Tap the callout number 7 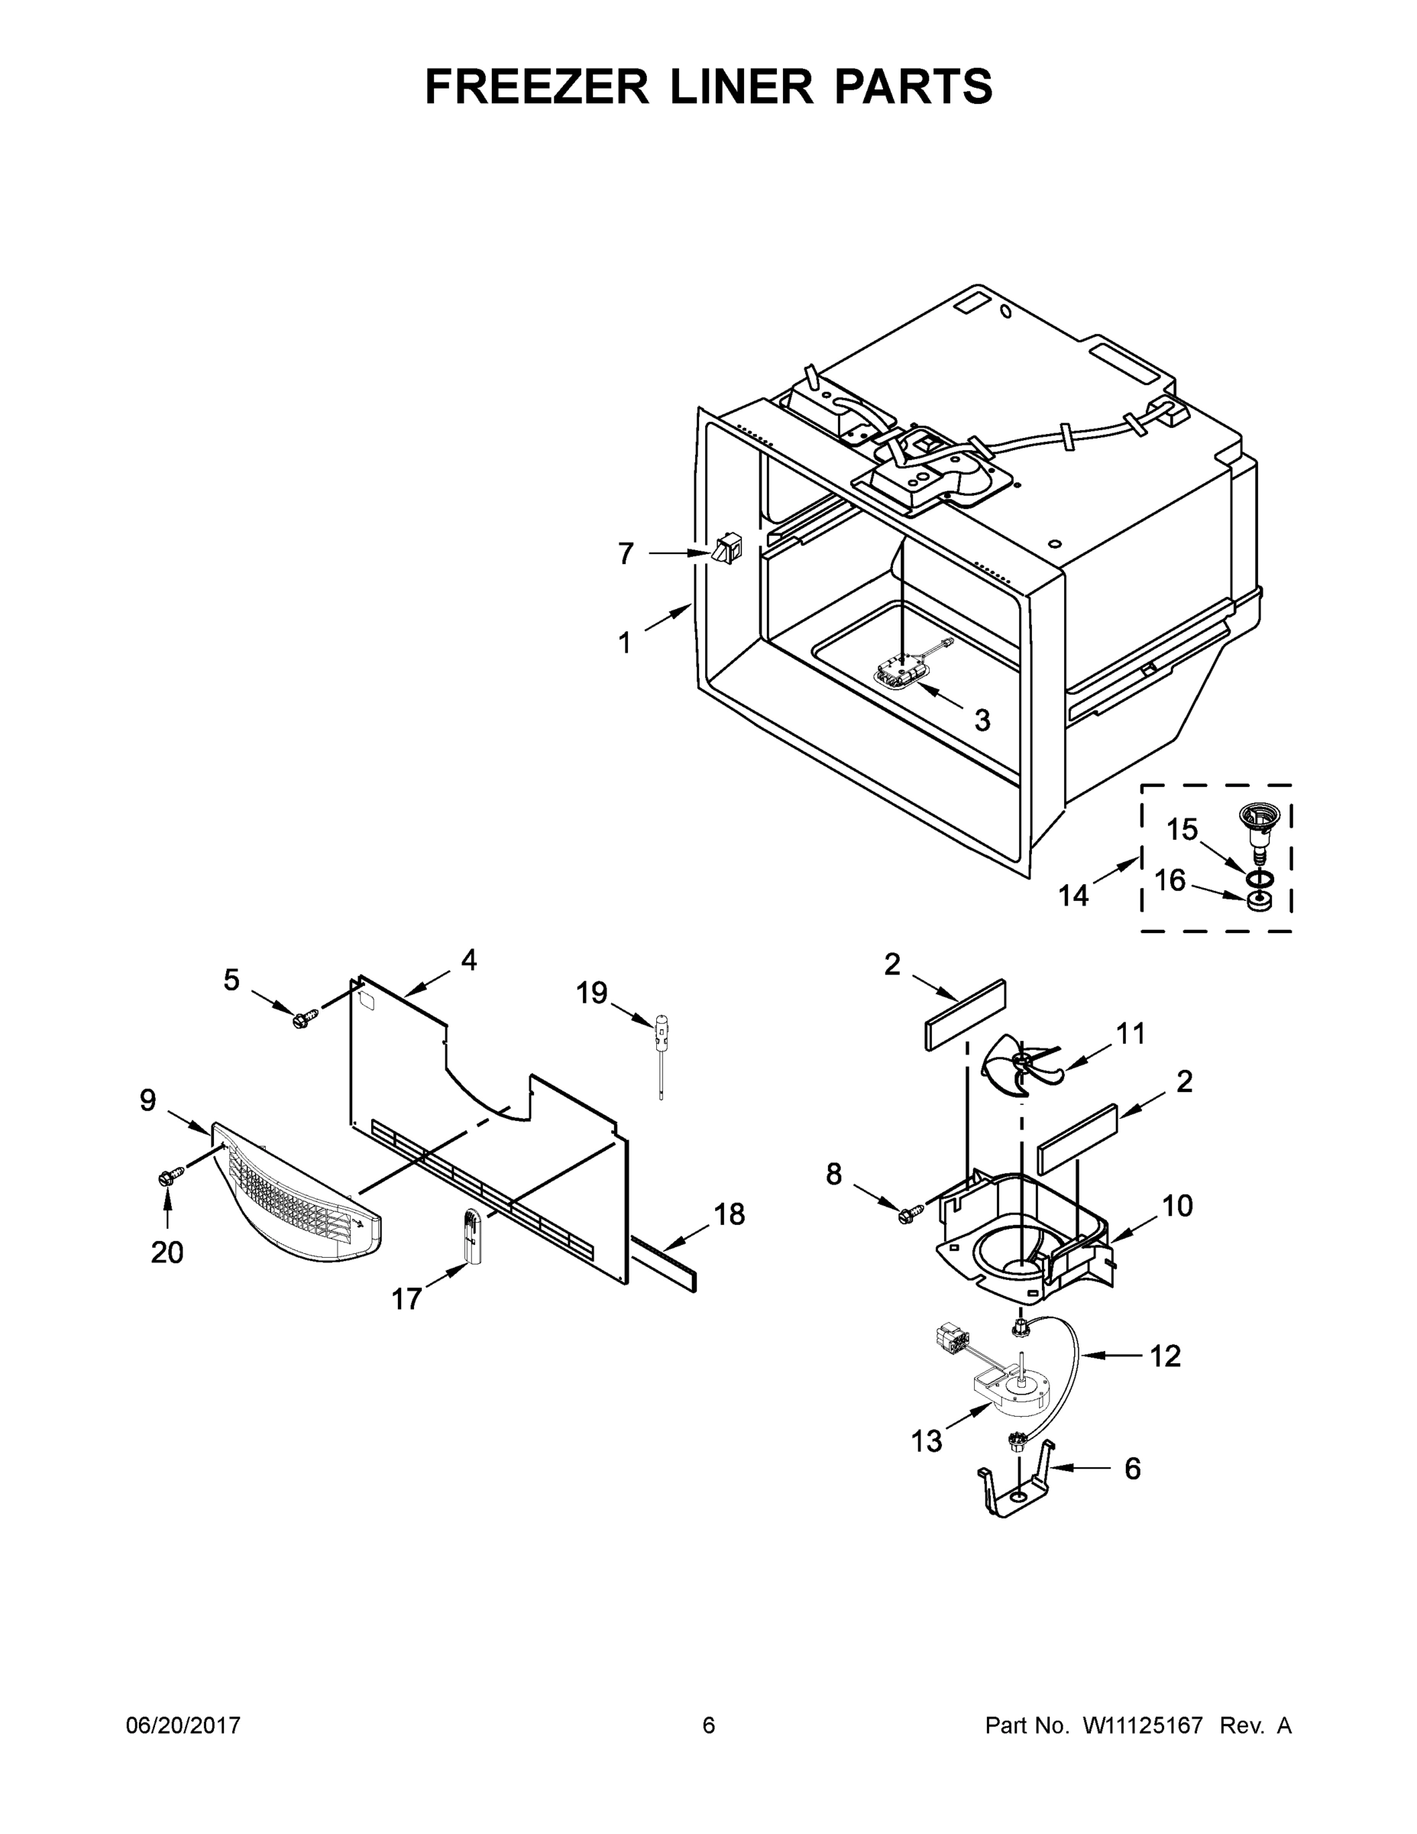pos(626,554)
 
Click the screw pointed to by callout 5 pos(304,1017)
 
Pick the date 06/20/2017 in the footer pos(183,1725)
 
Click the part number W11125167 pos(1143,1725)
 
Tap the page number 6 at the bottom pos(709,1725)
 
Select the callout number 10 pos(1177,1206)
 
